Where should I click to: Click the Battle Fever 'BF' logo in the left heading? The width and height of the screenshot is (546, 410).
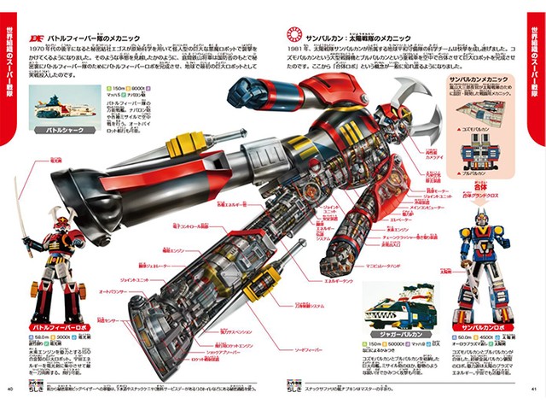[36, 38]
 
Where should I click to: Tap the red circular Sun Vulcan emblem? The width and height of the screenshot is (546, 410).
[292, 36]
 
